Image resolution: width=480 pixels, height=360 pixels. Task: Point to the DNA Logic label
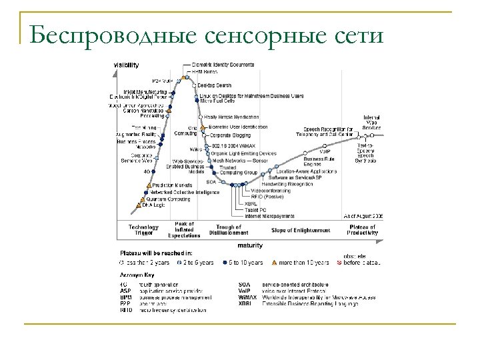pos(154,205)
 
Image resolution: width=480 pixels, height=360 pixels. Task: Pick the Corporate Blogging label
pos(230,135)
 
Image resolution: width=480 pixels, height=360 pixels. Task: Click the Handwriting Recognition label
pos(291,184)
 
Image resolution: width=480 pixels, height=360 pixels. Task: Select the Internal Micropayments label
pos(271,215)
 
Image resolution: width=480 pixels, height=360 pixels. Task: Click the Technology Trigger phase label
pos(143,230)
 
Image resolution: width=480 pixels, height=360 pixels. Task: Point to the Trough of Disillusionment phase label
pos(229,230)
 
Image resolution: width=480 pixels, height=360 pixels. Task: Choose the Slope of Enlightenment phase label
pos(301,230)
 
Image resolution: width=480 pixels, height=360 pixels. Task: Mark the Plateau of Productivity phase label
pos(363,230)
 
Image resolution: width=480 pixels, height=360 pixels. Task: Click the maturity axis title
pos(250,245)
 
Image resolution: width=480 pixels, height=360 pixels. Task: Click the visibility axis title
pos(126,65)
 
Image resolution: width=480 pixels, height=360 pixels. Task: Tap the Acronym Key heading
pos(136,275)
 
